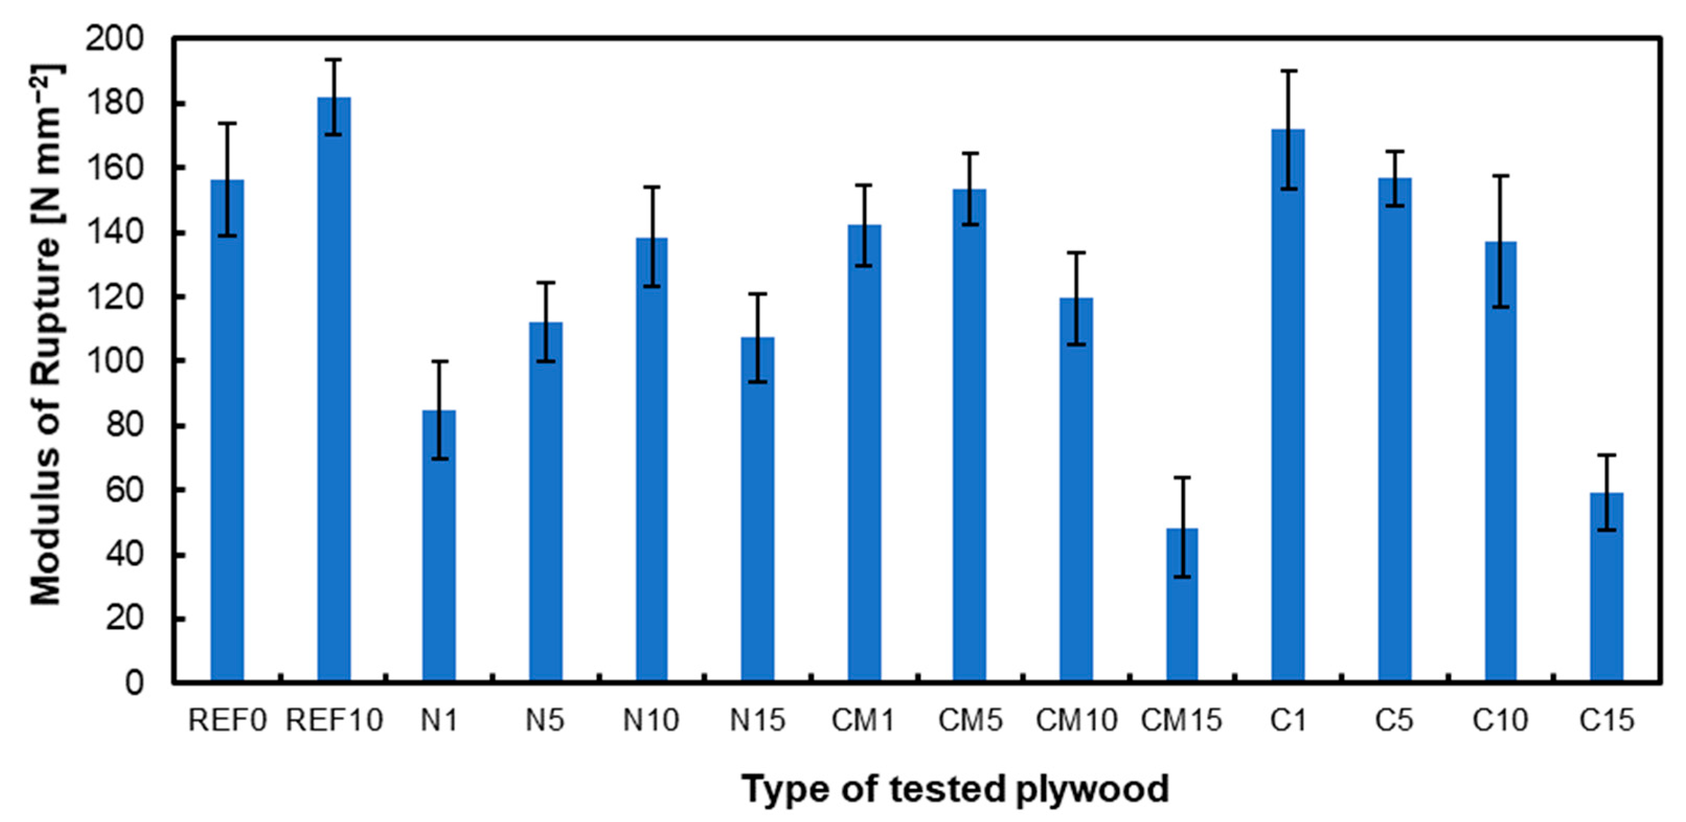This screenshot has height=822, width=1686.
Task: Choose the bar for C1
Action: coord(1288,406)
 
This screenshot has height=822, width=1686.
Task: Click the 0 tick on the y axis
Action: coord(134,682)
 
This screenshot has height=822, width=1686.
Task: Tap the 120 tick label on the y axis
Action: coord(124,298)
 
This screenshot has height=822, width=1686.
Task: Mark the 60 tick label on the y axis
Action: coord(125,490)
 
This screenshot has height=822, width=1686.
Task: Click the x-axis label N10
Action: coord(651,721)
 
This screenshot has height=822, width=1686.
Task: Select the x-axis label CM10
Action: coord(1076,721)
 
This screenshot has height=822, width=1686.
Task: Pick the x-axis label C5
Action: coord(1394,721)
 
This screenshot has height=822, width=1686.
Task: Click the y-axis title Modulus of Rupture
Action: coord(47,334)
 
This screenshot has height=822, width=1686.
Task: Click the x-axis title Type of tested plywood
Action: coord(955,789)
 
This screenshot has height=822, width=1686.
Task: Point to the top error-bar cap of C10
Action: coord(1501,175)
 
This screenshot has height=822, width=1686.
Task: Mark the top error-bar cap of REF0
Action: coord(227,123)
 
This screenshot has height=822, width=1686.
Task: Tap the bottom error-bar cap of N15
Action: coord(757,382)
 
